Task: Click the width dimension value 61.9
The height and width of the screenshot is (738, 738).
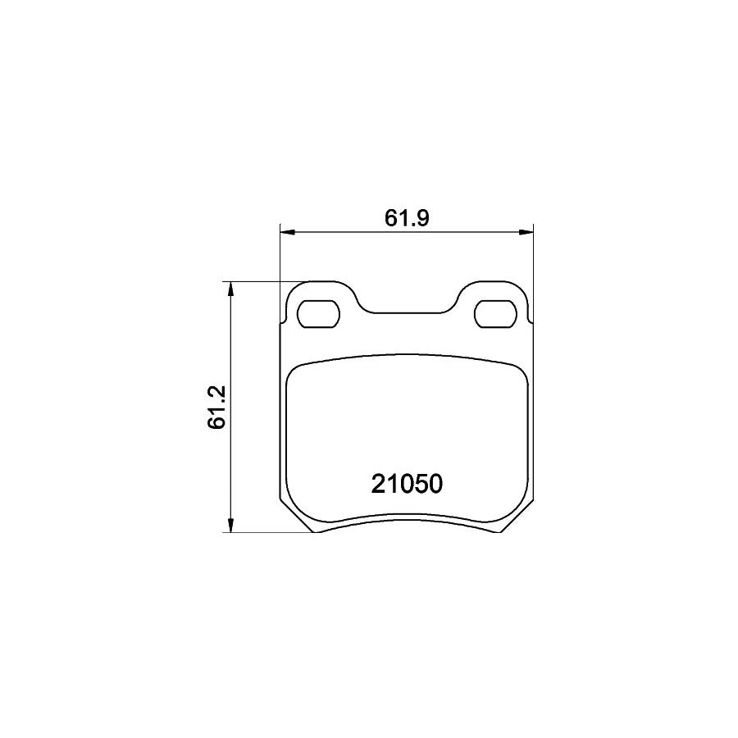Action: (408, 218)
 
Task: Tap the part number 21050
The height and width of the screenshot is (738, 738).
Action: (408, 485)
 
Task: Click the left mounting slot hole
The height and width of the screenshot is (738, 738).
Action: (317, 313)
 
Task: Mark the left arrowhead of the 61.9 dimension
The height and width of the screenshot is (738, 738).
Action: (286, 233)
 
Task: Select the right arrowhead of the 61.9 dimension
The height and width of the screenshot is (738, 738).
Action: (527, 233)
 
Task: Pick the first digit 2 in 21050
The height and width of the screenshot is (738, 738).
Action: (379, 485)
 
